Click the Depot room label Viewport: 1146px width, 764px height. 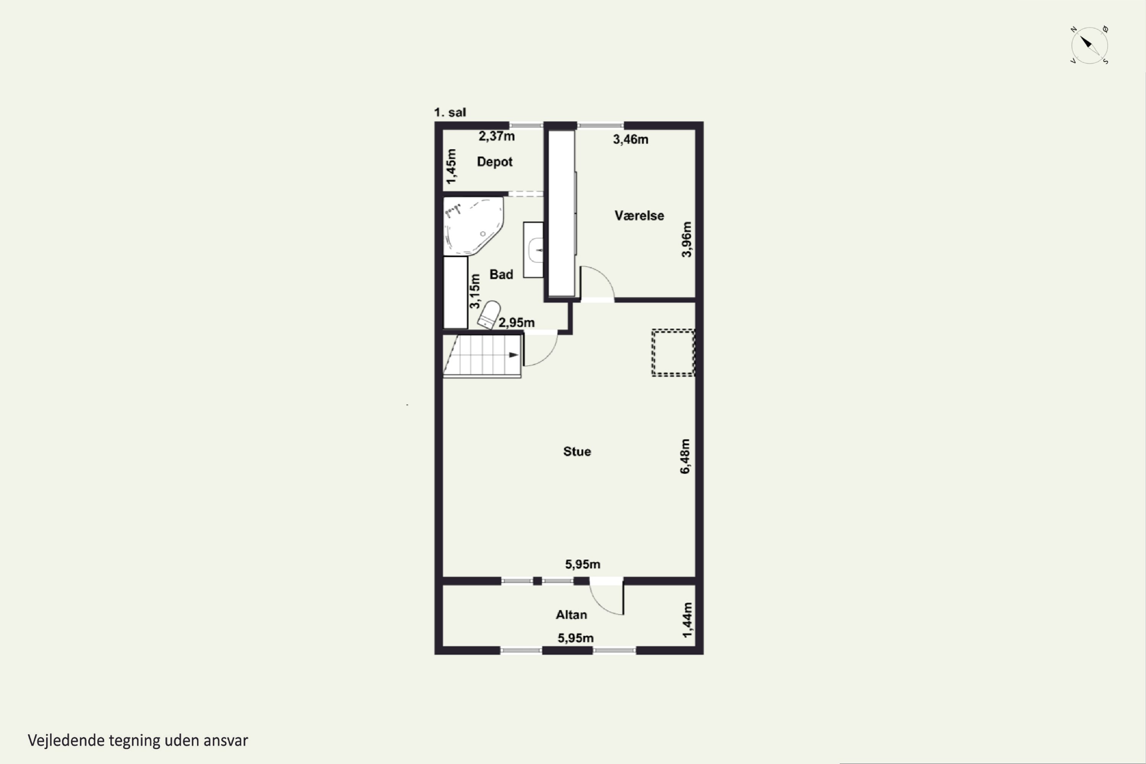[495, 162]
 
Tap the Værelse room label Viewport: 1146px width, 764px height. [639, 215]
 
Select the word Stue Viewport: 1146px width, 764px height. [577, 452]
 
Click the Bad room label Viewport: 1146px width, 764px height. [501, 274]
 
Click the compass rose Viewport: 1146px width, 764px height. [1089, 45]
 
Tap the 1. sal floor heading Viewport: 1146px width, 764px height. [450, 113]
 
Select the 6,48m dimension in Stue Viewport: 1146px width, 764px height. [685, 456]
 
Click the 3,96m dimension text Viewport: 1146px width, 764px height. [686, 239]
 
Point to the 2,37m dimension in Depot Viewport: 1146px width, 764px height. [497, 136]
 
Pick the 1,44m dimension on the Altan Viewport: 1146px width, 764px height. [687, 620]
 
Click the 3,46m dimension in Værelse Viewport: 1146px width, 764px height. [631, 139]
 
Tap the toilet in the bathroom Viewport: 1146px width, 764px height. [489, 315]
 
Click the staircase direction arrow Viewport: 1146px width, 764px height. [513, 355]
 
